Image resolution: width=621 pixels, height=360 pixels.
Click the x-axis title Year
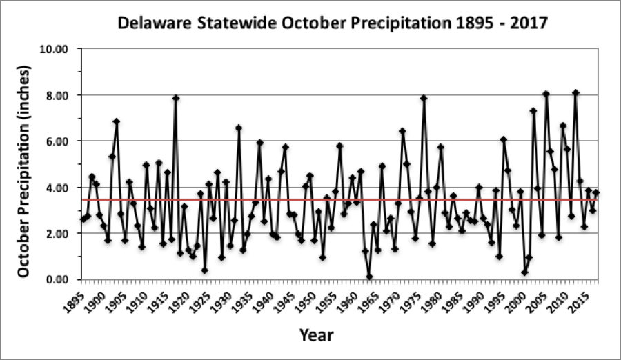coord(317,336)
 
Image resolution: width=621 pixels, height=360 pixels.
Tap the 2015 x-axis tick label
coord(580,299)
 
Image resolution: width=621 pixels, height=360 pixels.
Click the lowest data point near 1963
coord(369,277)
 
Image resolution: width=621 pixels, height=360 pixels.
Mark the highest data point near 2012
coord(575,92)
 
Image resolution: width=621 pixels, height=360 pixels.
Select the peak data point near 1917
coord(176,98)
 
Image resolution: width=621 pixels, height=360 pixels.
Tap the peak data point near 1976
coord(424,98)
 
